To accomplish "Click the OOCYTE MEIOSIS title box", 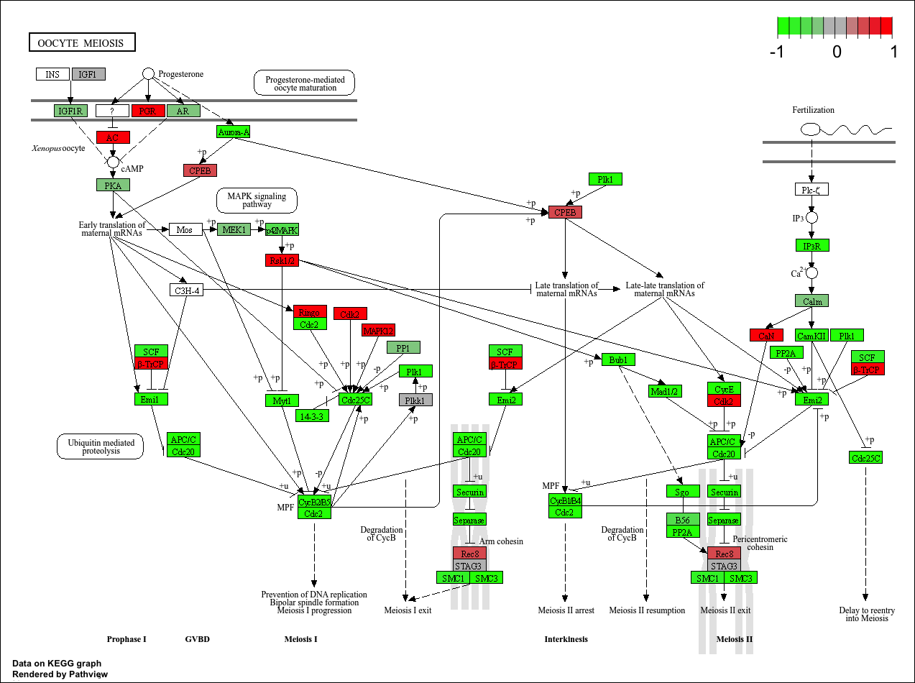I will click(82, 42).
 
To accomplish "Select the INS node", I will click(52, 74).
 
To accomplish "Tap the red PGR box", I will click(148, 111).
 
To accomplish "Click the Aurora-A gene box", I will click(233, 132).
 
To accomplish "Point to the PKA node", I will click(113, 185).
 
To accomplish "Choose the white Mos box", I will click(185, 229).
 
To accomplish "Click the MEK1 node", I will click(234, 229).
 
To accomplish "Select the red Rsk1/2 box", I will click(282, 260).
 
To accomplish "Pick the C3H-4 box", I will click(186, 290).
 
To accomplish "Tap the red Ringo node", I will click(310, 312).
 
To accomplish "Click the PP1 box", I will click(403, 348).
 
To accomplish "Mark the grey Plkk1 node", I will click(415, 400).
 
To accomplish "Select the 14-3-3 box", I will click(313, 415).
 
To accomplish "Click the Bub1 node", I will click(618, 359).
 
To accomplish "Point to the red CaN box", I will click(766, 335).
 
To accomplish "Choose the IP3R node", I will click(812, 246).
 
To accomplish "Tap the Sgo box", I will click(682, 492).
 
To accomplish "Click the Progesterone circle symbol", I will click(148, 73).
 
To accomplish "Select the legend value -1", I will click(776, 52).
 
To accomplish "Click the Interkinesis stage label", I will click(566, 639).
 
